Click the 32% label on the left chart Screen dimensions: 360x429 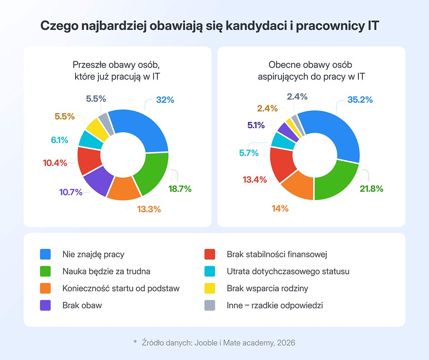tap(165, 100)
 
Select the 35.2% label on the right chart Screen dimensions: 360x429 tap(360, 100)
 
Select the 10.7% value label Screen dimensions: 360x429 tap(71, 193)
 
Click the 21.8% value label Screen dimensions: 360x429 tap(371, 189)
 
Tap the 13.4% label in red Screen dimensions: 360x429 tap(254, 180)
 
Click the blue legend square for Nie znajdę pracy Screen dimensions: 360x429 tap(45, 254)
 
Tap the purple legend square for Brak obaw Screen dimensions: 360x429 tap(45, 306)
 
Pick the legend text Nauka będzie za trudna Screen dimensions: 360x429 tap(106, 271)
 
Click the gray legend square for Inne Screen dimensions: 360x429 tap(210, 306)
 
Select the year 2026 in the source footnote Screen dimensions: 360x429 tap(286, 343)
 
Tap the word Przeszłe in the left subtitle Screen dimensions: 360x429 tap(89, 64)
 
